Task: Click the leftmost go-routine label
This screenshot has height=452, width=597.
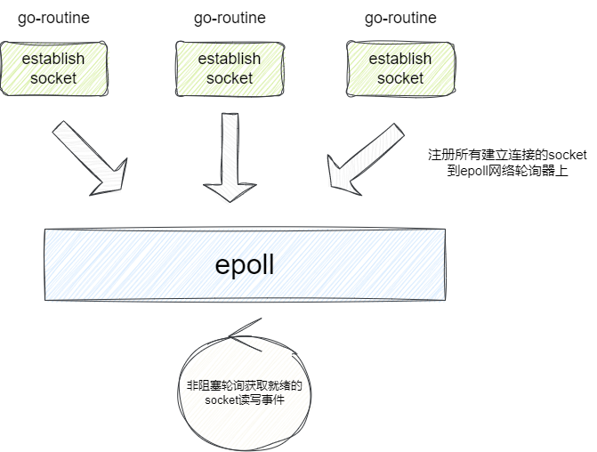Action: (x=53, y=18)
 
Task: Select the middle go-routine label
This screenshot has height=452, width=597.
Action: (x=230, y=18)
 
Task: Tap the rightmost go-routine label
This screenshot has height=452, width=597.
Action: (x=400, y=18)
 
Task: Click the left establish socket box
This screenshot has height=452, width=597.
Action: (x=53, y=69)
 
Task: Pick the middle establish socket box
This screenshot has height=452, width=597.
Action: (x=230, y=69)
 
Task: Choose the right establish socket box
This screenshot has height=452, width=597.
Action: (x=400, y=69)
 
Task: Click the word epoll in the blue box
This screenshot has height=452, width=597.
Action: (x=245, y=264)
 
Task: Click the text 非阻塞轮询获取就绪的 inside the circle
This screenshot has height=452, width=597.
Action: (x=245, y=386)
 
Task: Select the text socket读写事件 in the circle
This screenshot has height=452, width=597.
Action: (x=245, y=401)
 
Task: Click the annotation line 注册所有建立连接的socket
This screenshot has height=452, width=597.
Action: (x=507, y=155)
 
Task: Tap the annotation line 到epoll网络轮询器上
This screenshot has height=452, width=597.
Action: (x=507, y=170)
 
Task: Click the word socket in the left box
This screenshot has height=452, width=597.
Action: (x=53, y=78)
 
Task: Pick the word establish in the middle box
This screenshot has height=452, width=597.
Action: (x=230, y=59)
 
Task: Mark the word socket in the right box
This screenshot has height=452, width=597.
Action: (x=400, y=78)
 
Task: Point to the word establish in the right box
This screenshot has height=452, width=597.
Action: (x=400, y=59)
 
